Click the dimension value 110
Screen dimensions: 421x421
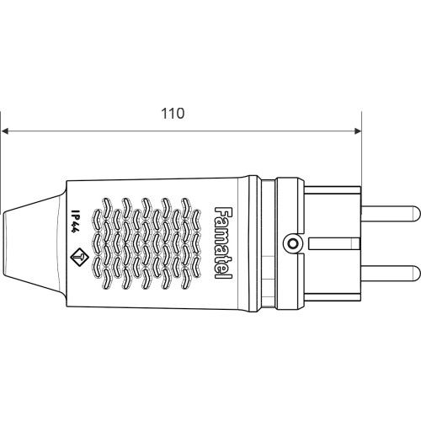coord(173,114)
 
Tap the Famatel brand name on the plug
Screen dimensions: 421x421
coord(223,243)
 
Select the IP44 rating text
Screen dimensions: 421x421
coord(74,221)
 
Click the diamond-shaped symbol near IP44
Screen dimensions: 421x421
coord(79,256)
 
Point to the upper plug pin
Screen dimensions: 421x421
coord(391,214)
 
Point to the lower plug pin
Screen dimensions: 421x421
coord(391,274)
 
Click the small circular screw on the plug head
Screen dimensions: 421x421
coord(292,243)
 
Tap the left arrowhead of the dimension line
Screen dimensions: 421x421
coord(5,131)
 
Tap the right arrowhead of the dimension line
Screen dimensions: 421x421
coord(358,131)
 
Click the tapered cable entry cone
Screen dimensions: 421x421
coord(34,243)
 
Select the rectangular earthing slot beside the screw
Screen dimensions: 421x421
coord(334,243)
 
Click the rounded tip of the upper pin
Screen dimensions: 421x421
coord(418,214)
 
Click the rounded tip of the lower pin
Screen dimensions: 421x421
coord(418,274)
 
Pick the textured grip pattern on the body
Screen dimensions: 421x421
coord(147,243)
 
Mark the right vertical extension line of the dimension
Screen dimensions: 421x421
coord(361,149)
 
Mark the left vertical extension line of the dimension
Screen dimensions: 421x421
coord(1,163)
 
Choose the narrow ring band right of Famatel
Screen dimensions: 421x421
coord(255,243)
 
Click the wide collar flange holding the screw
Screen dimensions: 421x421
coord(290,243)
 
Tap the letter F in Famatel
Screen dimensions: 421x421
coord(224,212)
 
